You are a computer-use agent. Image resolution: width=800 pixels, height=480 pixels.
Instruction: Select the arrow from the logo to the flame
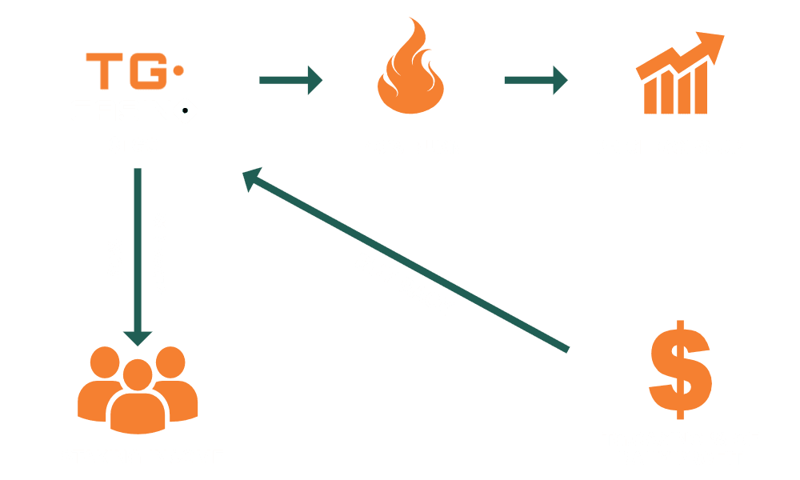click(291, 79)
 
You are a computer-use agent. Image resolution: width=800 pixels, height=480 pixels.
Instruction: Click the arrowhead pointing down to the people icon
click(138, 336)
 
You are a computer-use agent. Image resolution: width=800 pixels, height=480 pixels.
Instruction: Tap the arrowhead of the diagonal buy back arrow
click(254, 179)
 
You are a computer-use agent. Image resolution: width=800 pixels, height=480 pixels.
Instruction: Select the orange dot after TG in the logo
click(178, 70)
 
